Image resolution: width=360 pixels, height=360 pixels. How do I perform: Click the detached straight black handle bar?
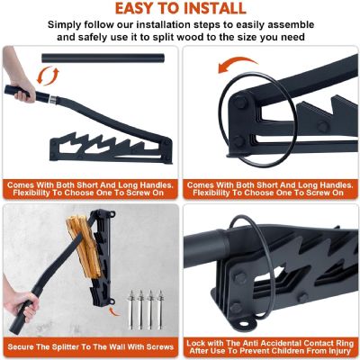[x=103, y=58]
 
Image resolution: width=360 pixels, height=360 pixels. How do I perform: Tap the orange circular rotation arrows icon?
[x=48, y=76]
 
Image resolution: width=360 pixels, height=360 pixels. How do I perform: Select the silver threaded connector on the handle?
[x=52, y=100]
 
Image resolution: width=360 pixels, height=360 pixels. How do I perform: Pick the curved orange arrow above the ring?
[x=238, y=64]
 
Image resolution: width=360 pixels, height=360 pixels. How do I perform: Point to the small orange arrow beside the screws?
[x=114, y=311]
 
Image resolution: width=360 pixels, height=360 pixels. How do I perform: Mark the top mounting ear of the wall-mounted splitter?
[x=112, y=214]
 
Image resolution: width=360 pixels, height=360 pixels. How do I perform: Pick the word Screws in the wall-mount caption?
[x=160, y=347]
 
